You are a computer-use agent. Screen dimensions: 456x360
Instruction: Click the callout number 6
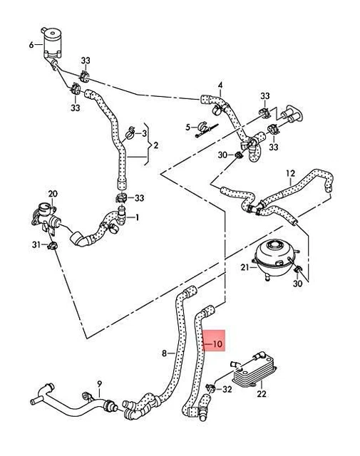[x=31, y=45]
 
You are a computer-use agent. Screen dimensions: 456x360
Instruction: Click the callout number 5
[x=190, y=127]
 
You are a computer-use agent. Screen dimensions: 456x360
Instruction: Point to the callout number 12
[x=290, y=173]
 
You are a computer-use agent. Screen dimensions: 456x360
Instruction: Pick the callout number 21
[x=243, y=267]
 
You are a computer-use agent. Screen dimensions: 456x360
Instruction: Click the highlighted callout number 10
[x=217, y=344]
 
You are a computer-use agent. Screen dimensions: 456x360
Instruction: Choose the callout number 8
[x=164, y=353]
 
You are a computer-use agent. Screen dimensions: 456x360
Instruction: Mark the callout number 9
[x=99, y=383]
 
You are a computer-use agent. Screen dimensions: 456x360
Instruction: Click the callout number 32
[x=227, y=390]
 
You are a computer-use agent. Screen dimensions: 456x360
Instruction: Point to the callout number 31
[x=36, y=245]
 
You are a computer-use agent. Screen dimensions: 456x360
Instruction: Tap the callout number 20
[x=52, y=194]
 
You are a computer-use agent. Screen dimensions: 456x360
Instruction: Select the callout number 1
[x=137, y=217]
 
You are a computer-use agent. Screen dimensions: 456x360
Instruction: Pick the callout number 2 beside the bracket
[x=155, y=145]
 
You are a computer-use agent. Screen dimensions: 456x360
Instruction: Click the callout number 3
[x=144, y=133]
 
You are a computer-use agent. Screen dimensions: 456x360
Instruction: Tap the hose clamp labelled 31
[x=54, y=247]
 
